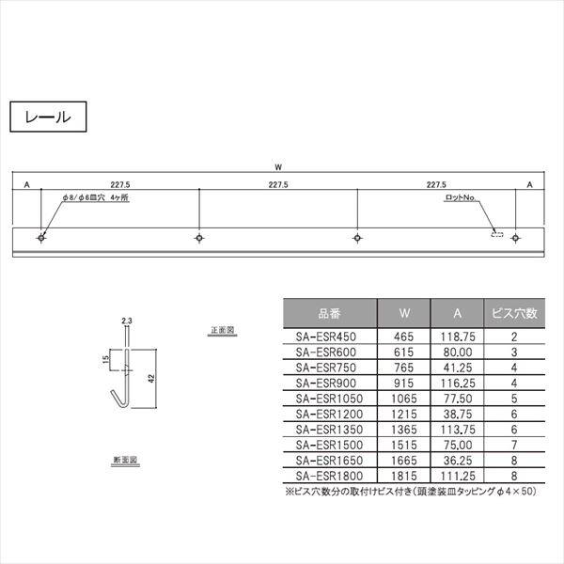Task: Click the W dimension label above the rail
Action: (278, 166)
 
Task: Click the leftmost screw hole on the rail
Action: (40, 238)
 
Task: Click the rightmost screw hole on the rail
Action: (515, 238)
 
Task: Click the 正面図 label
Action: (223, 332)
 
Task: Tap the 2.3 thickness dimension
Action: (127, 321)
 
